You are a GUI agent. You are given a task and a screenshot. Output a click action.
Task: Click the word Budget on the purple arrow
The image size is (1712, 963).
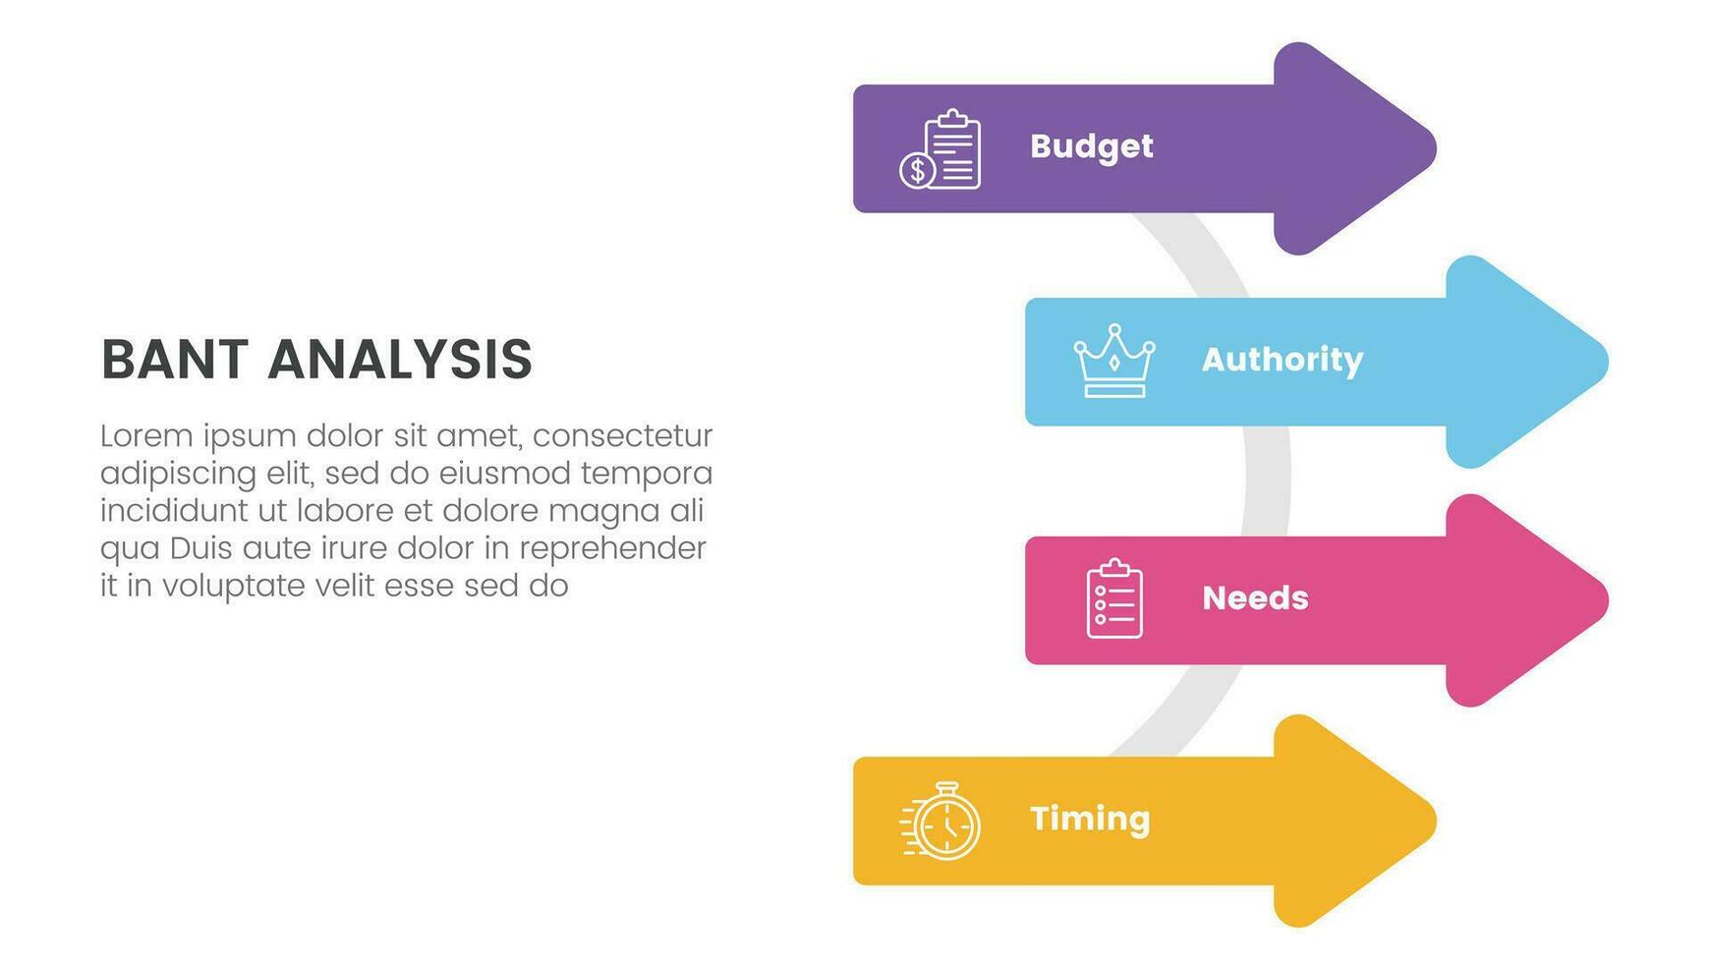click(1091, 147)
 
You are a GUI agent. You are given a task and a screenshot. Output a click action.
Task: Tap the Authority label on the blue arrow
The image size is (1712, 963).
click(1283, 361)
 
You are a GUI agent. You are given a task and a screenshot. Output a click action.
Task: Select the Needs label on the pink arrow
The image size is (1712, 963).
click(1255, 597)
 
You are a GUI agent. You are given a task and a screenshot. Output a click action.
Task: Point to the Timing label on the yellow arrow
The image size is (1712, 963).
click(1090, 820)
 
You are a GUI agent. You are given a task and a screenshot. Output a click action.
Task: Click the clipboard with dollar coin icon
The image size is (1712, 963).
click(941, 148)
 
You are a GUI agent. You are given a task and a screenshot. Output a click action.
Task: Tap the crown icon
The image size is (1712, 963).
click(1114, 361)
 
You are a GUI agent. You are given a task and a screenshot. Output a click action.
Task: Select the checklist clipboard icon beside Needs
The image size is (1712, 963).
click(1114, 598)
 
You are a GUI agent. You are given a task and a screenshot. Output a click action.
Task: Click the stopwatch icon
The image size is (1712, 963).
click(941, 821)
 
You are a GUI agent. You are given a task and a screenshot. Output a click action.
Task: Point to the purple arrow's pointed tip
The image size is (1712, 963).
click(1435, 148)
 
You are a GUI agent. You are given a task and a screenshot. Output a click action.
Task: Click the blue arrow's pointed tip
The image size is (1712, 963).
click(1607, 362)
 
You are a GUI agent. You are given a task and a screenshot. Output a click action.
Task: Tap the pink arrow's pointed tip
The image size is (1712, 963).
click(1607, 600)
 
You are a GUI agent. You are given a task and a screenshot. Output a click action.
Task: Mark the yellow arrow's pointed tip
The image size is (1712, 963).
click(1435, 821)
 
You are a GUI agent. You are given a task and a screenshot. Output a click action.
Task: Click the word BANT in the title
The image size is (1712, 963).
click(175, 359)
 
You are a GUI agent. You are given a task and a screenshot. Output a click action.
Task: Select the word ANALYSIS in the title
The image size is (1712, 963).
click(400, 359)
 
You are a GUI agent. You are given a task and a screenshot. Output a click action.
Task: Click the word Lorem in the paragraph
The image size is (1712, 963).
click(145, 435)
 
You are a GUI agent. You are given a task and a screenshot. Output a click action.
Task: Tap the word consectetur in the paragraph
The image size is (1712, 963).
click(623, 435)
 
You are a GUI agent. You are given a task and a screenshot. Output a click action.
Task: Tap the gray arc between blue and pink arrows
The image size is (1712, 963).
click(1267, 481)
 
